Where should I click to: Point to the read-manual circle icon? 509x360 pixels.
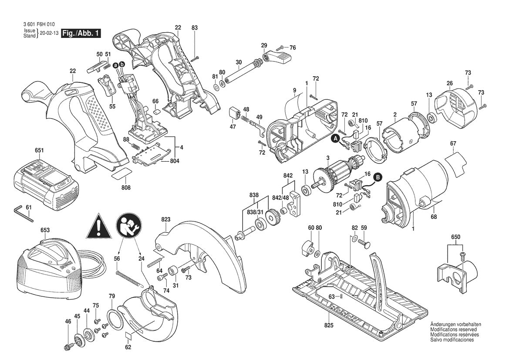tap(128, 227)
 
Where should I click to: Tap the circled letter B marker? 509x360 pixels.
tap(378, 177)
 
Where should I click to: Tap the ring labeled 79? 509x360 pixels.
tap(114, 321)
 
